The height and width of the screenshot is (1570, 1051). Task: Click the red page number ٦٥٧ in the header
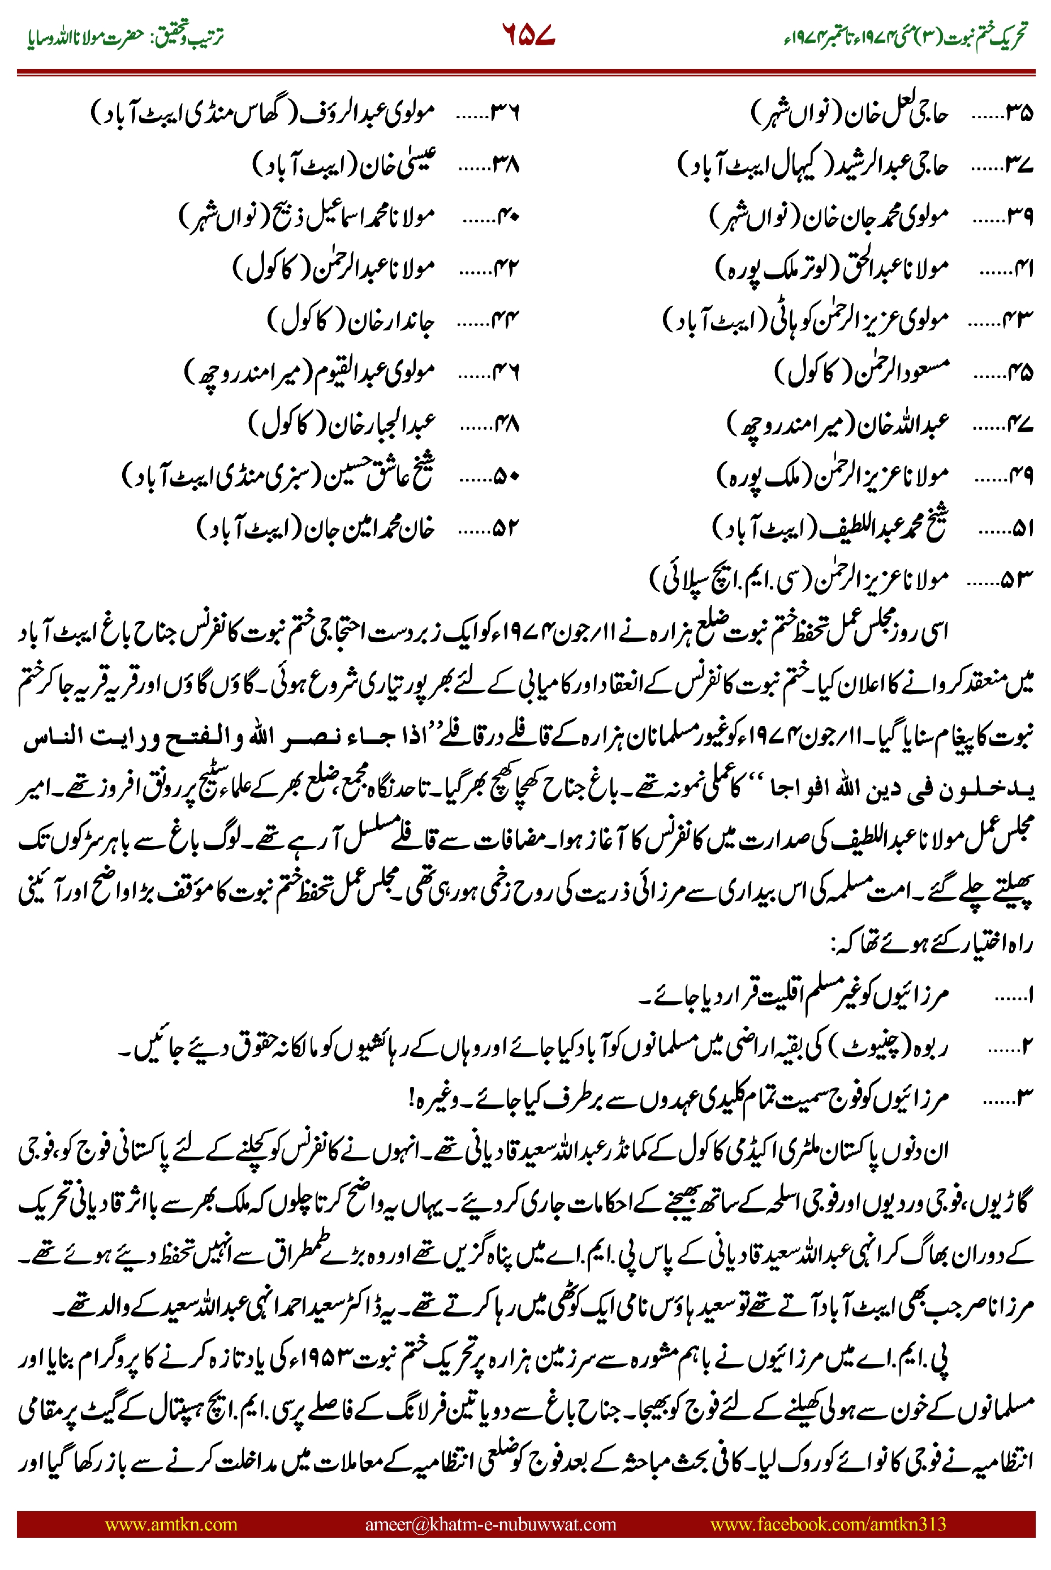pos(528,35)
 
